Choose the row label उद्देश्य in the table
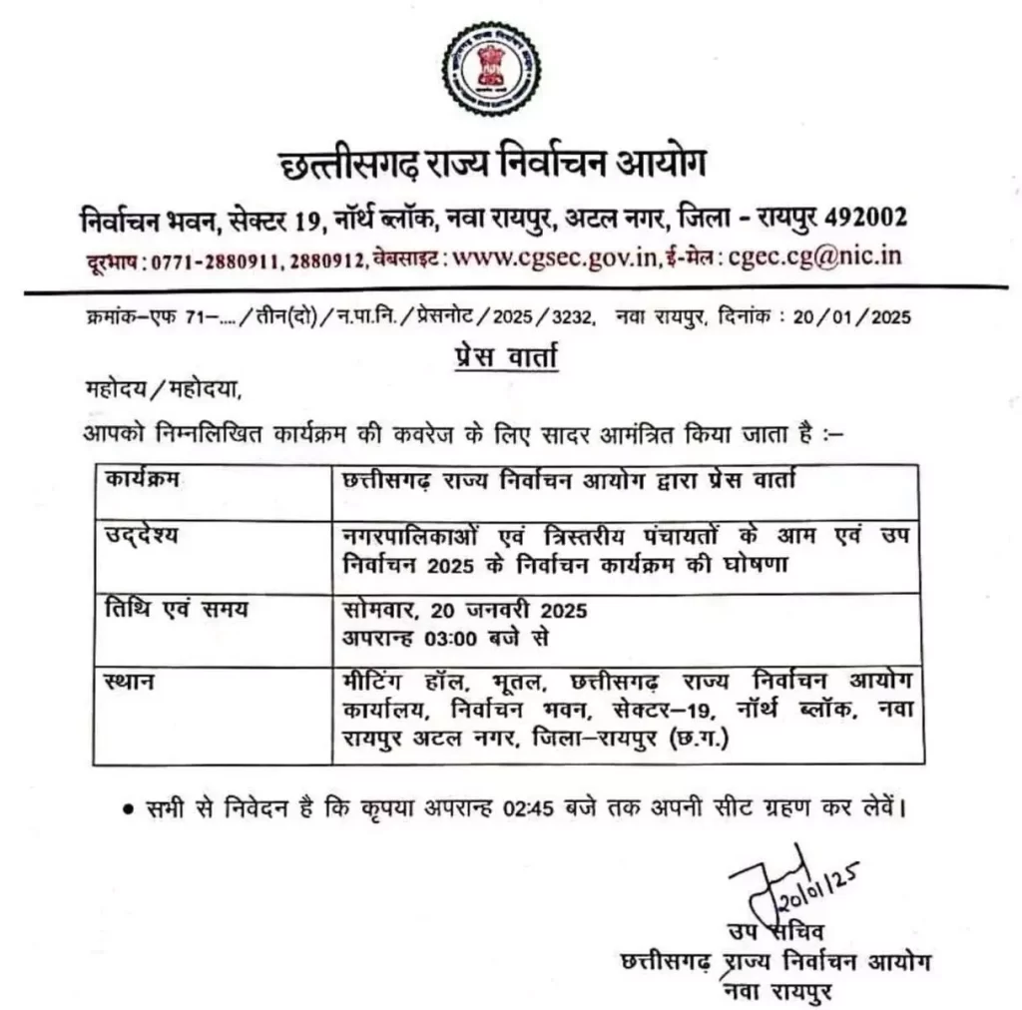pos(141,537)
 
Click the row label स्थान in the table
pos(127,683)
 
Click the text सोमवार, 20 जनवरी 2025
pos(464,610)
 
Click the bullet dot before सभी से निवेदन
pos(128,806)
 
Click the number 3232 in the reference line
pos(571,318)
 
